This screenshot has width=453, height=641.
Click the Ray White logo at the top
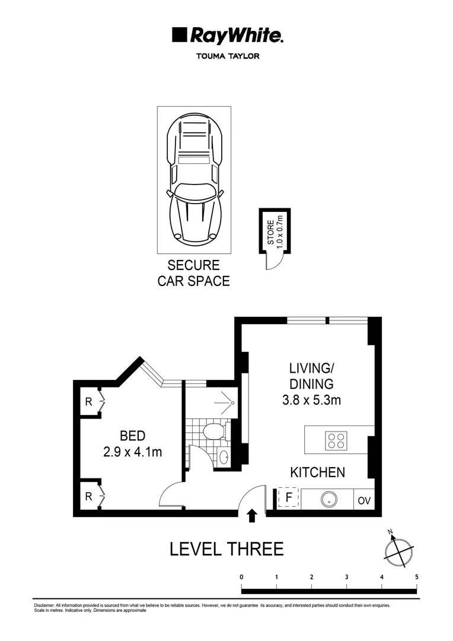[x=227, y=36]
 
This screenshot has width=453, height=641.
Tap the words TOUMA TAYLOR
[x=227, y=57]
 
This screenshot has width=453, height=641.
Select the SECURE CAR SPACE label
[x=193, y=273]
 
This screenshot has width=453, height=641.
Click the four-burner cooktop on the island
[x=336, y=441]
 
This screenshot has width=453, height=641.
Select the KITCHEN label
[x=317, y=472]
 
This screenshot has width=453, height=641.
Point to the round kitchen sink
[x=328, y=500]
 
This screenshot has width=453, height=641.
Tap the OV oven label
[x=364, y=500]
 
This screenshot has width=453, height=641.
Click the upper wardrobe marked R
[x=88, y=402]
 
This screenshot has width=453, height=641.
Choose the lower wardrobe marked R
[x=88, y=496]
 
